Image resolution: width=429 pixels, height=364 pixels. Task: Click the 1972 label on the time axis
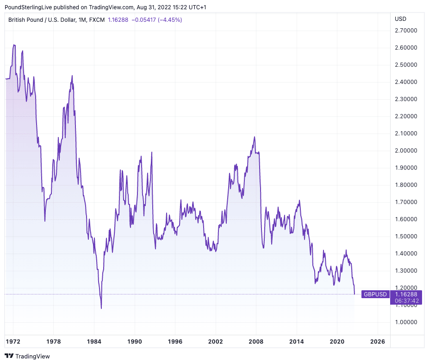[13, 341]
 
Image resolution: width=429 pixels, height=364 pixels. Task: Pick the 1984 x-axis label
[94, 341]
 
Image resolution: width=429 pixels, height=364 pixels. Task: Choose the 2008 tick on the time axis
[256, 341]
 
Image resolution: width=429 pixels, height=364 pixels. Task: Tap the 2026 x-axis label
[378, 341]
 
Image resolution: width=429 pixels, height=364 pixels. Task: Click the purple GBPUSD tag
[375, 294]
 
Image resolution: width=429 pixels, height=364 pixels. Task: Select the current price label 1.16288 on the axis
[406, 294]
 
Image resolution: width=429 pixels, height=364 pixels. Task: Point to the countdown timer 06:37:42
[406, 300]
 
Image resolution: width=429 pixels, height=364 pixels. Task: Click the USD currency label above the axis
[400, 19]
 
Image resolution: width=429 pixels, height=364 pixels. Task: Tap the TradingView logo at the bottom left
[27, 356]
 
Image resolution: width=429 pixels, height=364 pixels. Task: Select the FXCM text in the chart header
[97, 19]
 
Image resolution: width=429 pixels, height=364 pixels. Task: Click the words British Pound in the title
[26, 19]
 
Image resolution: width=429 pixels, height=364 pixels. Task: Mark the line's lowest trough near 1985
[101, 308]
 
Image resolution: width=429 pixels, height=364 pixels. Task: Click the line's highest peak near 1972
[14, 45]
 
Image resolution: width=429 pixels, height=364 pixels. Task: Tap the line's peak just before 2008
[255, 137]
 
